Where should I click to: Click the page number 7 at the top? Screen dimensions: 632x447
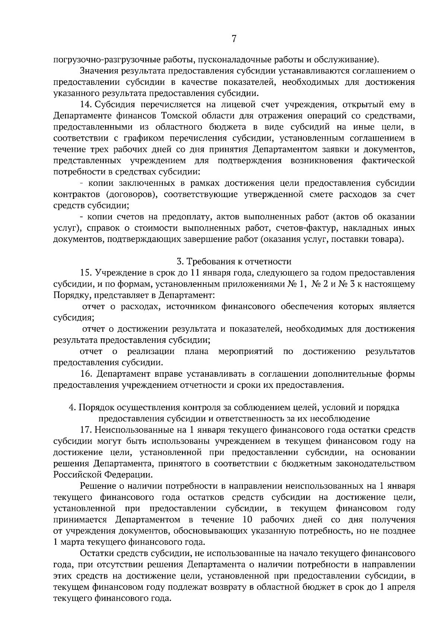234,39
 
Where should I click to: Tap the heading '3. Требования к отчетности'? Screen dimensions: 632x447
234,261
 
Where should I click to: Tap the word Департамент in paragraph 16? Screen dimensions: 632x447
123,374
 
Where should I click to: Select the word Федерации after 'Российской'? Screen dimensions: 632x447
128,475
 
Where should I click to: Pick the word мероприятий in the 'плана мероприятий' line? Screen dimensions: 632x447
246,351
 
